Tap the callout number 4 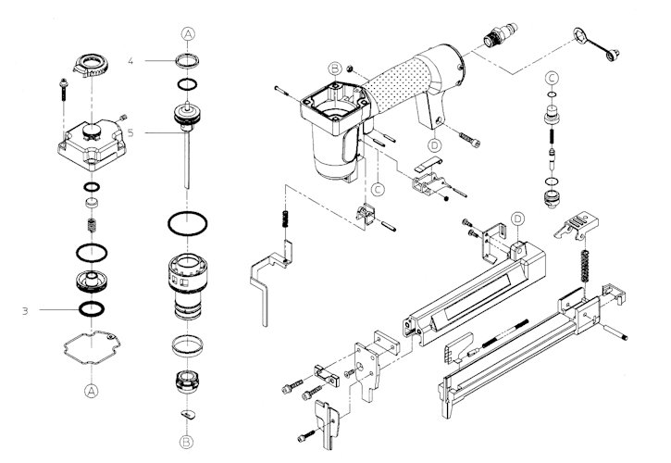click(x=131, y=61)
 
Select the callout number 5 click(x=131, y=132)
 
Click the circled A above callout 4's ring click(x=187, y=34)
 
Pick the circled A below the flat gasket click(x=91, y=391)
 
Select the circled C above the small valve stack click(x=552, y=77)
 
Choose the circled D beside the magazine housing click(x=518, y=219)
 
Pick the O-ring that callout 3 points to click(x=91, y=308)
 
